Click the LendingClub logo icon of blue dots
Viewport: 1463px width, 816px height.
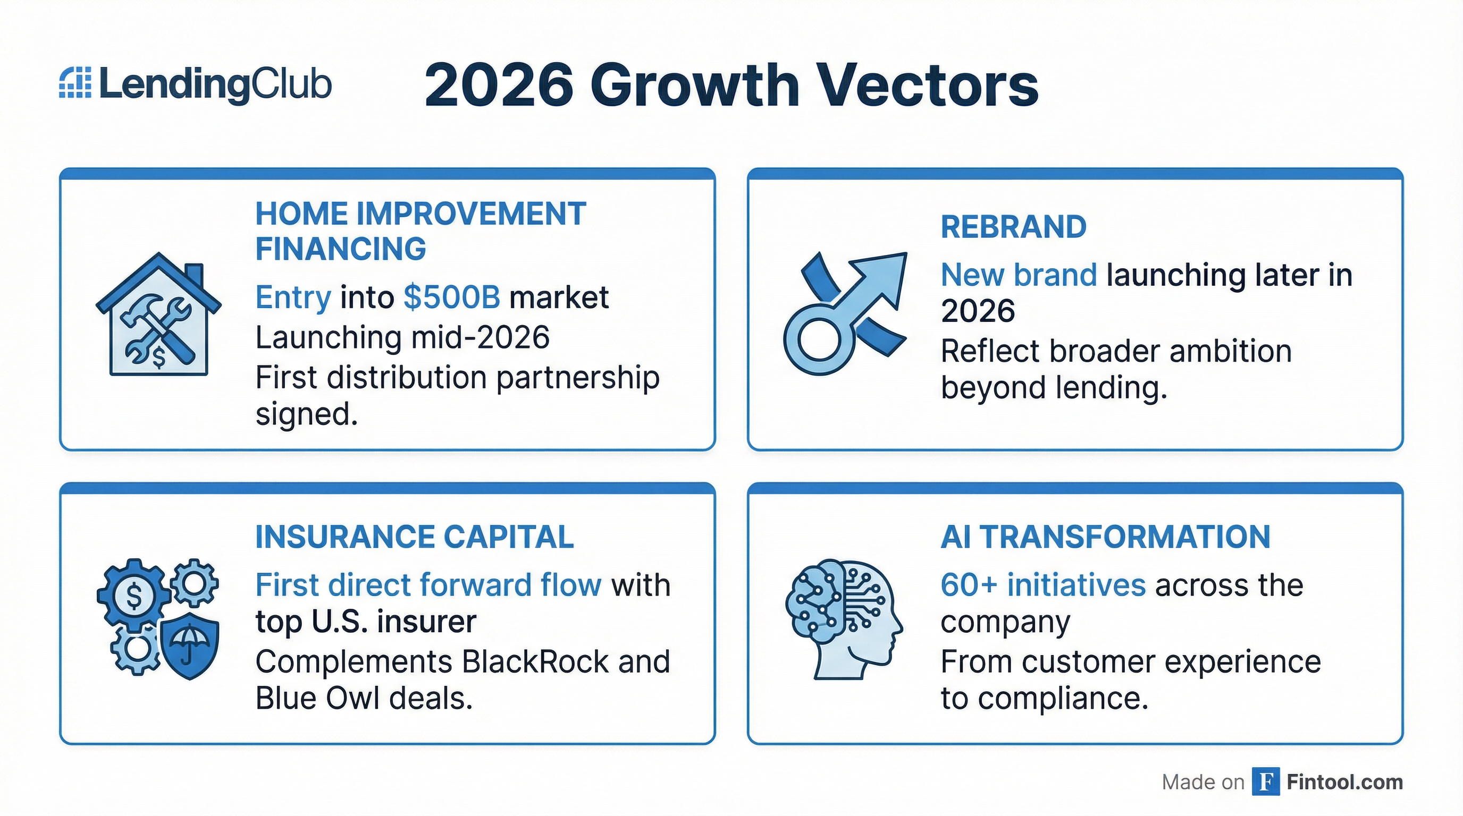click(75, 83)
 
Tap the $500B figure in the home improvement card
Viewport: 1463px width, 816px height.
click(452, 297)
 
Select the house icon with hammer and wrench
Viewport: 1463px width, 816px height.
click(158, 315)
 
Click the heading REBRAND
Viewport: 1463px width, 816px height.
click(1013, 227)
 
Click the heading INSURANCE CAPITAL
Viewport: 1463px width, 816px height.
click(415, 537)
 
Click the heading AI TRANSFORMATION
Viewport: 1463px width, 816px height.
click(1105, 537)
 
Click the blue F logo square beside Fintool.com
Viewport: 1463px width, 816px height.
click(1265, 782)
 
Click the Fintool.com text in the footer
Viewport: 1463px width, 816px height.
click(1344, 782)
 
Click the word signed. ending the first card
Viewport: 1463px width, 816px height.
click(307, 414)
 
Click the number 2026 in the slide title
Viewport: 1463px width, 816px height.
click(499, 86)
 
